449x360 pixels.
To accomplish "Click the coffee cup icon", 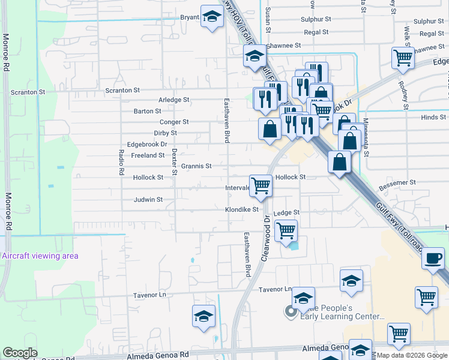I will (432, 259).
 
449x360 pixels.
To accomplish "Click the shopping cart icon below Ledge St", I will (286, 230).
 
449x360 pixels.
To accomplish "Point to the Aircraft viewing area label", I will (40, 256).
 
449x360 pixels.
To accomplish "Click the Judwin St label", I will (148, 200).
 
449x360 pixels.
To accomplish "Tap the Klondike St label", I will (241, 210).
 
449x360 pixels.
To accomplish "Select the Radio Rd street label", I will (121, 162).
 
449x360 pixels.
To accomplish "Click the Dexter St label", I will (174, 162).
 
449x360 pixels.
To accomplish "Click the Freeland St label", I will (148, 155).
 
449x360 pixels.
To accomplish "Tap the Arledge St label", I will (173, 100).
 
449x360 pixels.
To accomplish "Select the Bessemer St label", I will (396, 182).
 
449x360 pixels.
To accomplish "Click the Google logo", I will (20, 353).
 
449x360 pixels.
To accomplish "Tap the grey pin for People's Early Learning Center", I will (291, 311).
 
